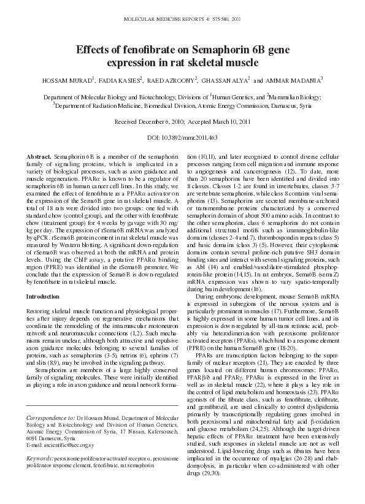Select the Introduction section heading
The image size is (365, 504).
(x=43, y=296)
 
